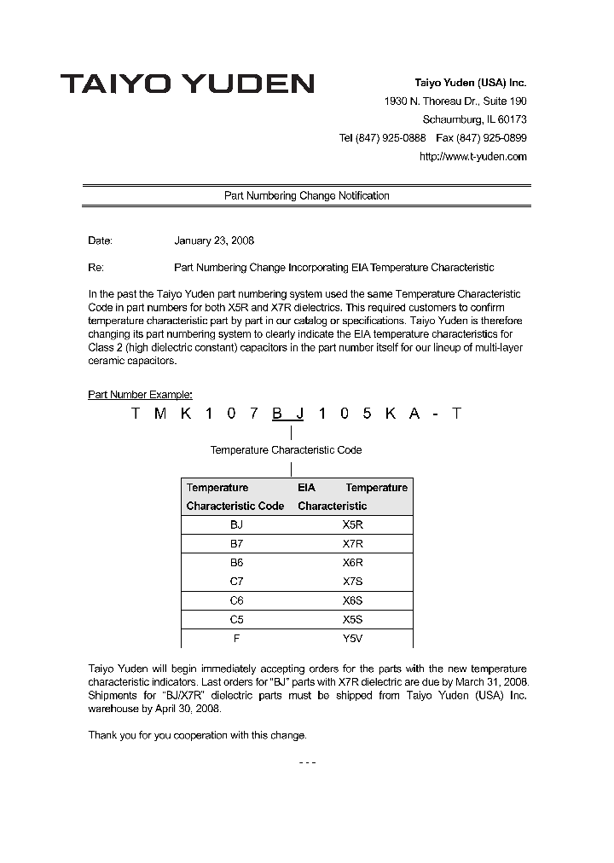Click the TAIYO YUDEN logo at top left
[x=187, y=84]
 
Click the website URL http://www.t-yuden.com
[x=473, y=156]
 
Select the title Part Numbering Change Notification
[x=306, y=196]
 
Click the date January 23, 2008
[x=214, y=241]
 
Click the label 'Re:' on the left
[x=96, y=268]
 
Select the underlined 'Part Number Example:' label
[x=140, y=395]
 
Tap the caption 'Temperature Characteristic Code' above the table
[x=286, y=450]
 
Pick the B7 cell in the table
[x=236, y=544]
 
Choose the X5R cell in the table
[x=352, y=525]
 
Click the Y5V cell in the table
[x=352, y=639]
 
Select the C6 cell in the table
[x=236, y=600]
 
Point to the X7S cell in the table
[x=352, y=582]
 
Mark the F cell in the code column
[x=236, y=639]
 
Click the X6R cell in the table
[x=352, y=563]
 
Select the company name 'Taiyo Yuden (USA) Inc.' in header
[x=470, y=84]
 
